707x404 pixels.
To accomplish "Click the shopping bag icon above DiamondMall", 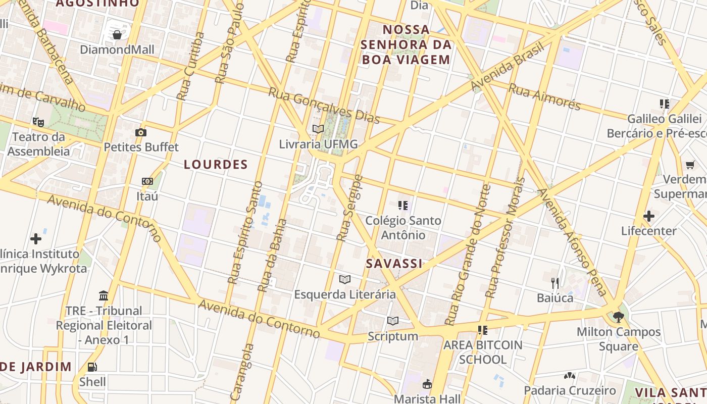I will coord(117,35).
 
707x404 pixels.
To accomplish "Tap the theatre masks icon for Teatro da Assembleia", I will coord(38,122).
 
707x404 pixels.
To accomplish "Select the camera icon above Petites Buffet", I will coord(141,132).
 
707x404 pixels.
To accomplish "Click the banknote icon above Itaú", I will coord(147,181).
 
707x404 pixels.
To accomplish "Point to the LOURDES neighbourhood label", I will coord(216,164).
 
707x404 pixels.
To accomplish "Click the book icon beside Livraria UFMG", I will coord(318,129).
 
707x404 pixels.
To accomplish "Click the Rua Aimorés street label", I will coord(544,96).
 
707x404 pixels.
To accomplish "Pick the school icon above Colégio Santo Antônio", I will coord(403,206).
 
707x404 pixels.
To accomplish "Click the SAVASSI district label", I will coord(394,264).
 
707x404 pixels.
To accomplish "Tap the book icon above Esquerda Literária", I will coord(345,279).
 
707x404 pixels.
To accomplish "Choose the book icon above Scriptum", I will coord(393,321).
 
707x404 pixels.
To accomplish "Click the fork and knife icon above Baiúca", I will coord(555,283).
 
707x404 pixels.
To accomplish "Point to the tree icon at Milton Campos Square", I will coord(619,317).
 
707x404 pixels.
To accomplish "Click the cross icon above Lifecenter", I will coord(649,216).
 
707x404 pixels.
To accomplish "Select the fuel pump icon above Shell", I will coord(92,367).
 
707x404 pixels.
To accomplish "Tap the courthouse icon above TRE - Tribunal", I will coord(104,295).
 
